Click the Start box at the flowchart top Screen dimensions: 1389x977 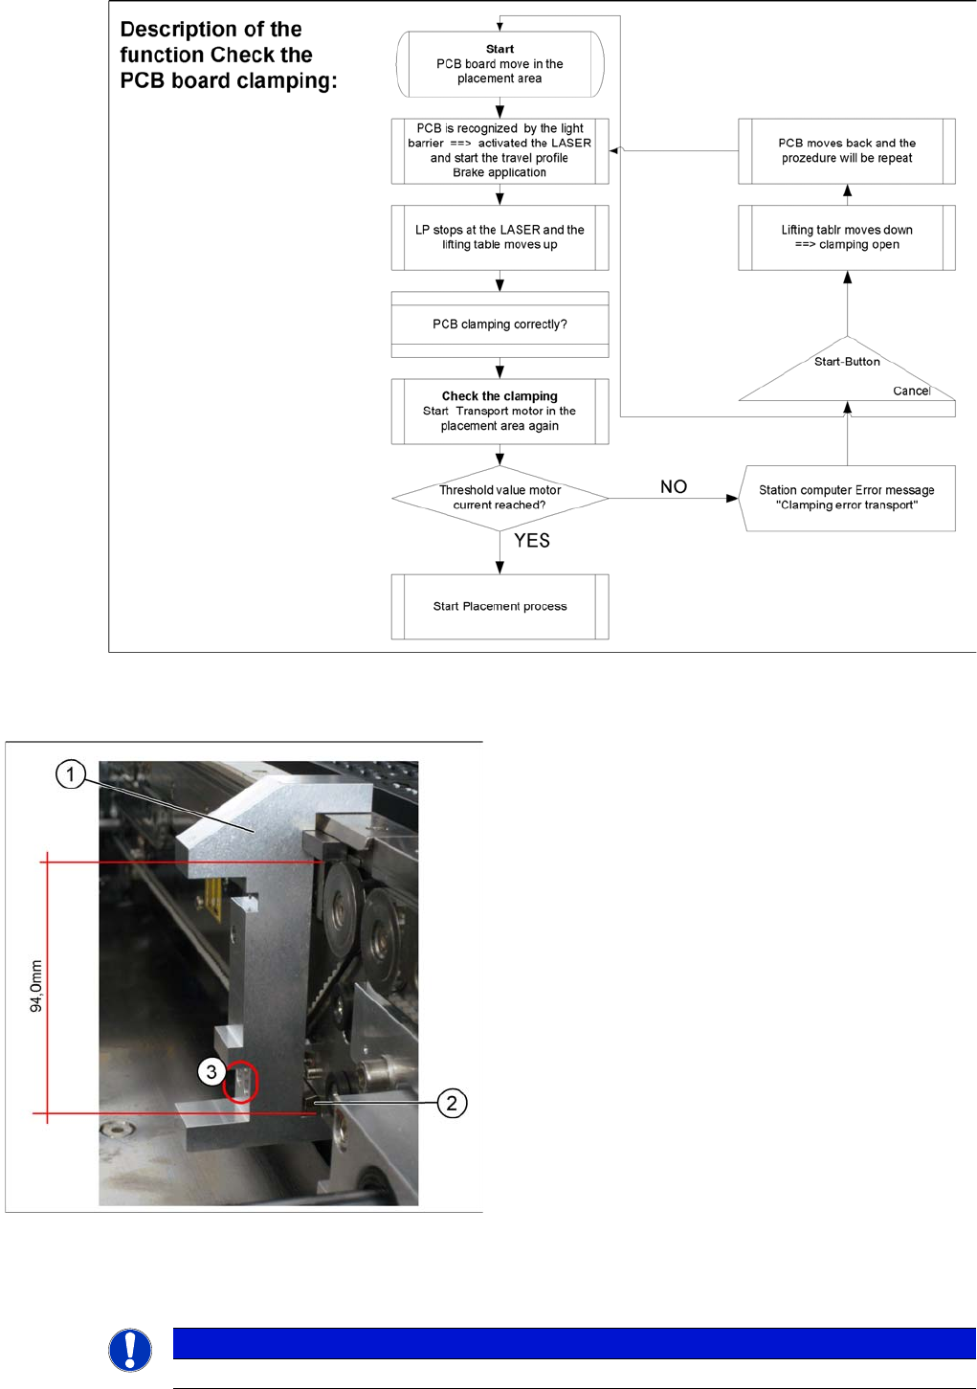point(500,64)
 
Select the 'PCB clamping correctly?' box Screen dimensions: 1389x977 point(500,325)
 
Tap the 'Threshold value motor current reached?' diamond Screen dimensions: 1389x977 point(500,498)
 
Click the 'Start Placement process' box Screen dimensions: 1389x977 point(500,607)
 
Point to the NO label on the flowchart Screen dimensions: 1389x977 point(674,487)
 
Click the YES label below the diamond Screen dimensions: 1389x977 point(532,541)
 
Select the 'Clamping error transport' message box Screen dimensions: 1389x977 point(847,498)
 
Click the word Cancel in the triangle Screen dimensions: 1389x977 point(911,391)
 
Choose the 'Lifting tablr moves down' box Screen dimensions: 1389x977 point(847,237)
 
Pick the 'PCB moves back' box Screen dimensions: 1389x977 point(847,151)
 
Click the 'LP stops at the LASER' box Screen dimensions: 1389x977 point(500,237)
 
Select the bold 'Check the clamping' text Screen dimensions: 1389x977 point(500,396)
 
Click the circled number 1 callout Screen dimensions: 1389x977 point(71,773)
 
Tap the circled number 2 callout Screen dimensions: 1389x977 point(452,1104)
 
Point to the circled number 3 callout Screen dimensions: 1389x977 point(211,1072)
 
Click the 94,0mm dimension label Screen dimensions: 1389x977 point(36,986)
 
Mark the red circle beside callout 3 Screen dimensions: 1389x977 point(241,1083)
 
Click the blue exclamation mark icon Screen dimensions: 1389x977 point(130,1350)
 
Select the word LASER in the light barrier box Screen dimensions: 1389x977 point(571,144)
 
